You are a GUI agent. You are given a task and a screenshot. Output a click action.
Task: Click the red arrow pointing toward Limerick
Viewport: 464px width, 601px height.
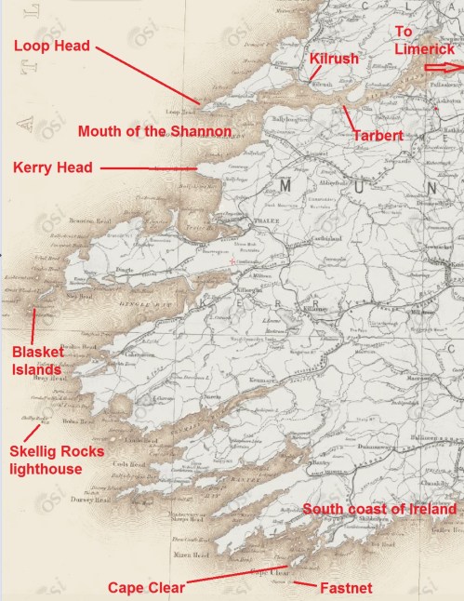(444, 67)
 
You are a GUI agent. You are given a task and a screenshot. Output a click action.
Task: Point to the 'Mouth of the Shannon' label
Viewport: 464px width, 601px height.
(154, 131)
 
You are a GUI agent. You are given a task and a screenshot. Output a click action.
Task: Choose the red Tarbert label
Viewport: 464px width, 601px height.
(378, 136)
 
